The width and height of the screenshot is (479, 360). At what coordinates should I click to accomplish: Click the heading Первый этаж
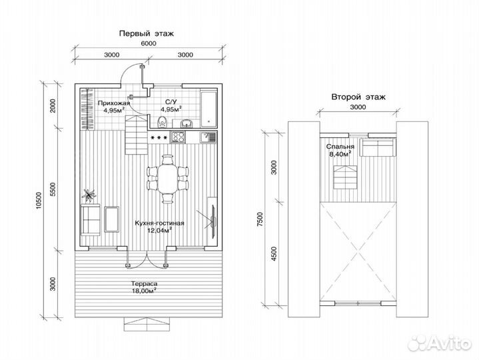point(147,33)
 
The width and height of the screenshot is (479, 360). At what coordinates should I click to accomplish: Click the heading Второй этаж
point(358,97)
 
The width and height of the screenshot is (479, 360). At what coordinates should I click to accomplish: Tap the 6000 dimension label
point(149,43)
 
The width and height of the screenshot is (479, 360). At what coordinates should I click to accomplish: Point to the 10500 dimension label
point(38,201)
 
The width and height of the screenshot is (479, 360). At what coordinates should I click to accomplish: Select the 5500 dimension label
point(53,189)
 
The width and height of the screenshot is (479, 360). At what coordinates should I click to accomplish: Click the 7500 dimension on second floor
point(260,219)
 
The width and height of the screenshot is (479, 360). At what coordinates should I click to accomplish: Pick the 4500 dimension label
point(274,253)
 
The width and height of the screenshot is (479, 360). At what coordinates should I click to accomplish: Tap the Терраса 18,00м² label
point(144,287)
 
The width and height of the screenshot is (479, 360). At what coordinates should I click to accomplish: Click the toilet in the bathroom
point(162,122)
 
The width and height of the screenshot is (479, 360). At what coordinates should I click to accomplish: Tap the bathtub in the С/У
point(209,108)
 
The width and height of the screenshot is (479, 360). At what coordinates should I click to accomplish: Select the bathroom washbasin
point(186,123)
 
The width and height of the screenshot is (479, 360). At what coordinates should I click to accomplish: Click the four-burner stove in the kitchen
point(178,137)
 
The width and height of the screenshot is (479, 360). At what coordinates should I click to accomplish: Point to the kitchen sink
point(208,137)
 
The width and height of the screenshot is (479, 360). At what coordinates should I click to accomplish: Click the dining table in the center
point(167,179)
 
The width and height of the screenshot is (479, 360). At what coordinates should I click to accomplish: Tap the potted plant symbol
point(89,195)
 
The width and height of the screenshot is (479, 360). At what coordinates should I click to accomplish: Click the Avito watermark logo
point(439,343)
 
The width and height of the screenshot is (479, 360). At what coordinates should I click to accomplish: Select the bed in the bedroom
point(378,147)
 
